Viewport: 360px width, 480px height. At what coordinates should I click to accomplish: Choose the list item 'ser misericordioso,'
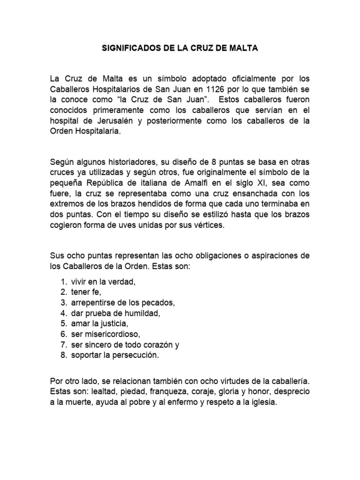tap(105, 334)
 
